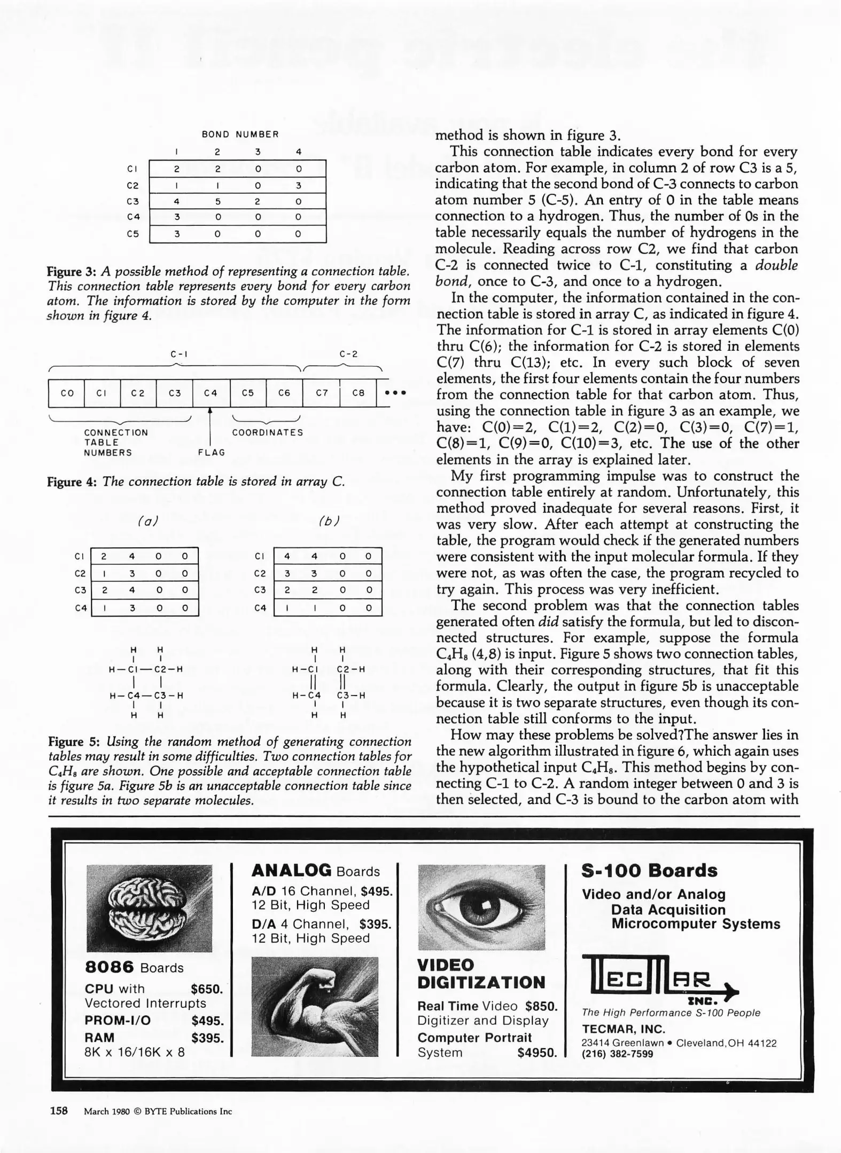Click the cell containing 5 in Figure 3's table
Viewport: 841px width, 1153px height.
click(x=217, y=201)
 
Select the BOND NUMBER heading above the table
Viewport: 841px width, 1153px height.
click(x=240, y=135)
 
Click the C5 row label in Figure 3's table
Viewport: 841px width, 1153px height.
click(x=133, y=234)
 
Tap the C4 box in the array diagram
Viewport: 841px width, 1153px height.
click(x=211, y=393)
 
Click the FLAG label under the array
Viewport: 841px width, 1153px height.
click(x=212, y=453)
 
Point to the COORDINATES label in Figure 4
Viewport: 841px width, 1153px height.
click(x=267, y=432)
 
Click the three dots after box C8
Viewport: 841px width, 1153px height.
click(x=396, y=393)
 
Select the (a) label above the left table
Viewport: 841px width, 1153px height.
click(x=148, y=521)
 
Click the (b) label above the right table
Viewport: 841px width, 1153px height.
click(x=329, y=521)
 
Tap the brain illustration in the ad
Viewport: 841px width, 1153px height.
click(x=149, y=907)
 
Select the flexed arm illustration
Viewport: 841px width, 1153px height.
click(x=315, y=1006)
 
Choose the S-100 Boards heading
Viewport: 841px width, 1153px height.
click(x=649, y=871)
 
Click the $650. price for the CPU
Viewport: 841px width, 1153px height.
click(x=207, y=989)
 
